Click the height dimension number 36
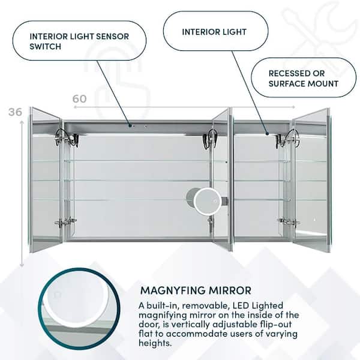pos(17,112)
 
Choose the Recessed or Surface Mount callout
pos(304,77)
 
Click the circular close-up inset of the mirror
pos(71,313)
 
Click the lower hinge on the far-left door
pos(65,222)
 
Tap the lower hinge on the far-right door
pos(288,222)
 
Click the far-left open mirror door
pos(46,180)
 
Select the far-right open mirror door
pos(311,180)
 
